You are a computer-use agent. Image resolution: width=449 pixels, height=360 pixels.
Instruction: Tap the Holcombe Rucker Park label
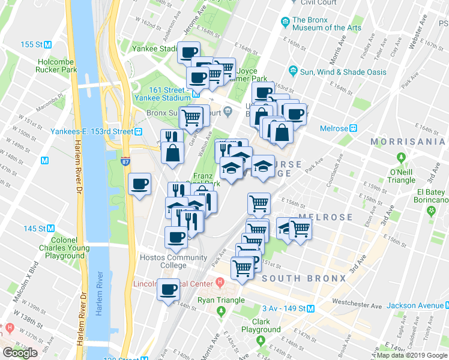[x=57, y=65]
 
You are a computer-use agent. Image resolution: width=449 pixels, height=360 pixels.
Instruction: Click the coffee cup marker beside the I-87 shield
[x=140, y=184]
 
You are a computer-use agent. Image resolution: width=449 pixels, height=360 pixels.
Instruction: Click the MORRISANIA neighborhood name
[x=409, y=142]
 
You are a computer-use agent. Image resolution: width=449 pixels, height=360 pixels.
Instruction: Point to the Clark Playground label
[x=261, y=325]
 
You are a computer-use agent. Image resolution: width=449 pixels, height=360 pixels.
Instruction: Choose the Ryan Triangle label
[x=221, y=300]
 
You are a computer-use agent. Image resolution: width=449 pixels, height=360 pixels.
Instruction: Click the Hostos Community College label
[x=172, y=261]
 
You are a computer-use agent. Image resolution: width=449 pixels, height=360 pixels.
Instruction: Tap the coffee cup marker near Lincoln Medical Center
[x=168, y=290]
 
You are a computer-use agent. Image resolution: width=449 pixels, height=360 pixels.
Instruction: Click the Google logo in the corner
[x=20, y=353]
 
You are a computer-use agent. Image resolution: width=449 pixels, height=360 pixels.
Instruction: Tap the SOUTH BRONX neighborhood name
[x=304, y=278]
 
